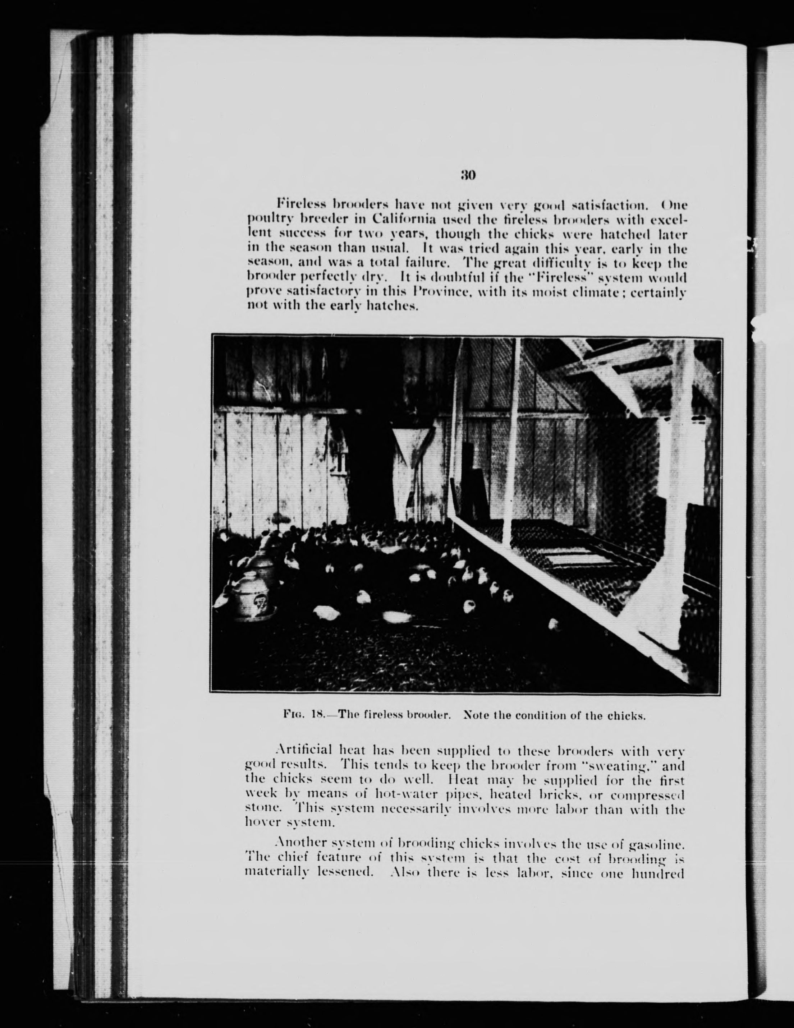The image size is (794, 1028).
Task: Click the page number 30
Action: [x=468, y=176]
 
